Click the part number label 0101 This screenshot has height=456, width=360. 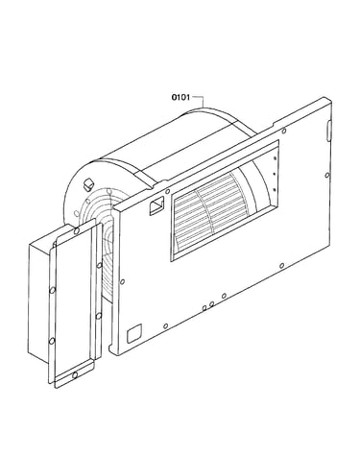coord(180,97)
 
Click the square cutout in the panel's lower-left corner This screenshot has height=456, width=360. coord(134,333)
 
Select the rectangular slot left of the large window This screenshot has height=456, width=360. coord(156,206)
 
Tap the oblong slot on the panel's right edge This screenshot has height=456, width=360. coord(328,130)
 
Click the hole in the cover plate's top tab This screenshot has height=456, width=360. coord(77,230)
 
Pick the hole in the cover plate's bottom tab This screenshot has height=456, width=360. coord(75,375)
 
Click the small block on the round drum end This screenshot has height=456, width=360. coord(88,183)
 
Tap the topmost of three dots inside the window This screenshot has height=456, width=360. coord(275,158)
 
